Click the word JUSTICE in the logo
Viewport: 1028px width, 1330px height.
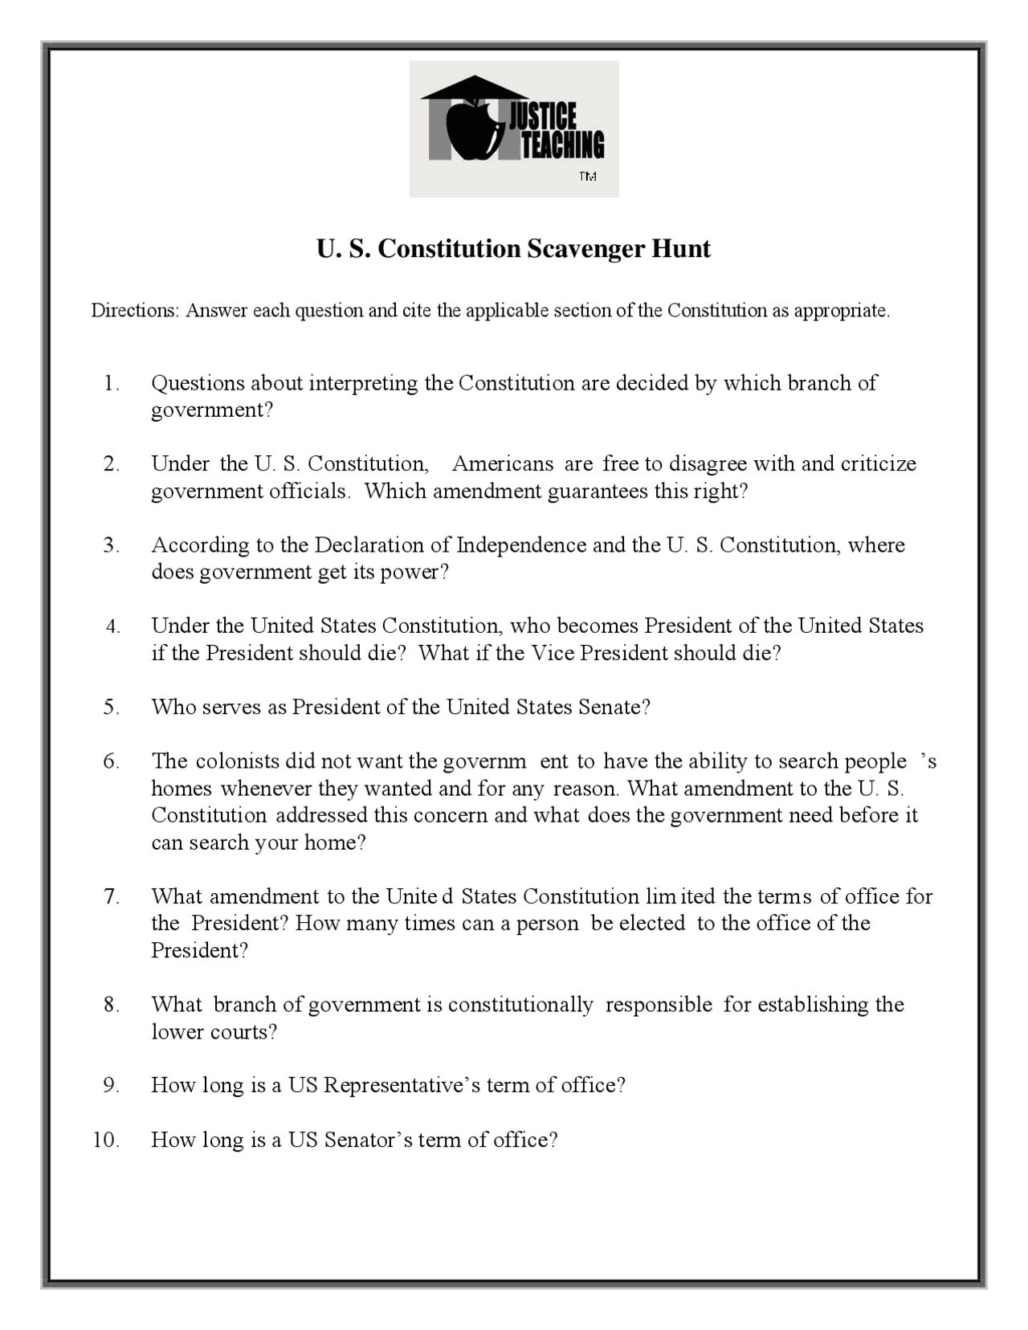(x=543, y=117)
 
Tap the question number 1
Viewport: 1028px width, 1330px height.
(x=111, y=384)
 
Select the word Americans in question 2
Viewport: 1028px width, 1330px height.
(x=503, y=464)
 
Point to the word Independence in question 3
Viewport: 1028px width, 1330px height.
(x=521, y=545)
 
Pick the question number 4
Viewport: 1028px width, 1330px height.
(x=112, y=626)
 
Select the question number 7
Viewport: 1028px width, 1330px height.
(x=112, y=896)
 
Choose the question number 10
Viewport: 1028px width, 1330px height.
(x=106, y=1140)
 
